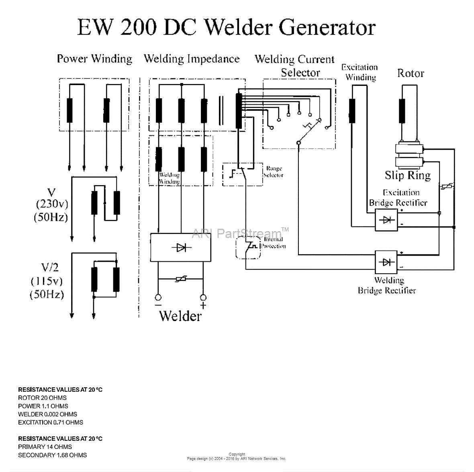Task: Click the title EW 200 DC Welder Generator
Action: coord(226,27)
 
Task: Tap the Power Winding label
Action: coord(94,59)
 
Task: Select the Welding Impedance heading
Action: coord(192,59)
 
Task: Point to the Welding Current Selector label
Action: coord(295,66)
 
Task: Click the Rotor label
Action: coord(411,73)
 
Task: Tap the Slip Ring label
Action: coord(407,175)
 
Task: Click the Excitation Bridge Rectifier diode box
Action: coord(386,220)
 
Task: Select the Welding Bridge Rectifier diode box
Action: coord(386,262)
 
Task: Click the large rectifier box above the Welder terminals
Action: coord(180,248)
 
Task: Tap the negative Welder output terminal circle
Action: coord(158,297)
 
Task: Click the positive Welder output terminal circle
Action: coord(203,297)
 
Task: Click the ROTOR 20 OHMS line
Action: coord(42,398)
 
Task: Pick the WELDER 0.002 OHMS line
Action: coord(47,414)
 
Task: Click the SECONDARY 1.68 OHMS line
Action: coord(52,455)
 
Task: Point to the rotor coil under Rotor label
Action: coord(402,111)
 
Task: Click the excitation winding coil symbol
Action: coord(352,111)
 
